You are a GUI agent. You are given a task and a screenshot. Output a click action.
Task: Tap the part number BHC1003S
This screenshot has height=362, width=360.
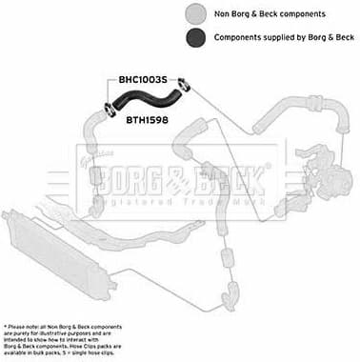142,80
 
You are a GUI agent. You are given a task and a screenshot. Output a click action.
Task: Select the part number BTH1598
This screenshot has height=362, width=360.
147,120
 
